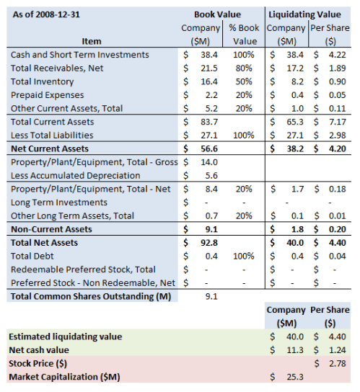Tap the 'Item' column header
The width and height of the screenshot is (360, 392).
coord(92,41)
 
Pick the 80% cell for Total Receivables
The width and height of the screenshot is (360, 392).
coord(245,68)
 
